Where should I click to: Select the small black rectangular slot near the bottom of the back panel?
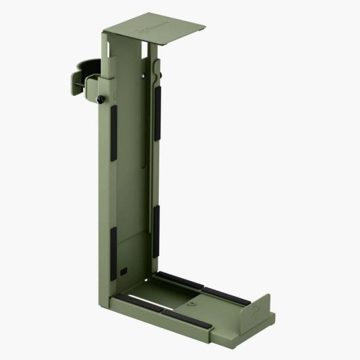click(123, 270)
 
